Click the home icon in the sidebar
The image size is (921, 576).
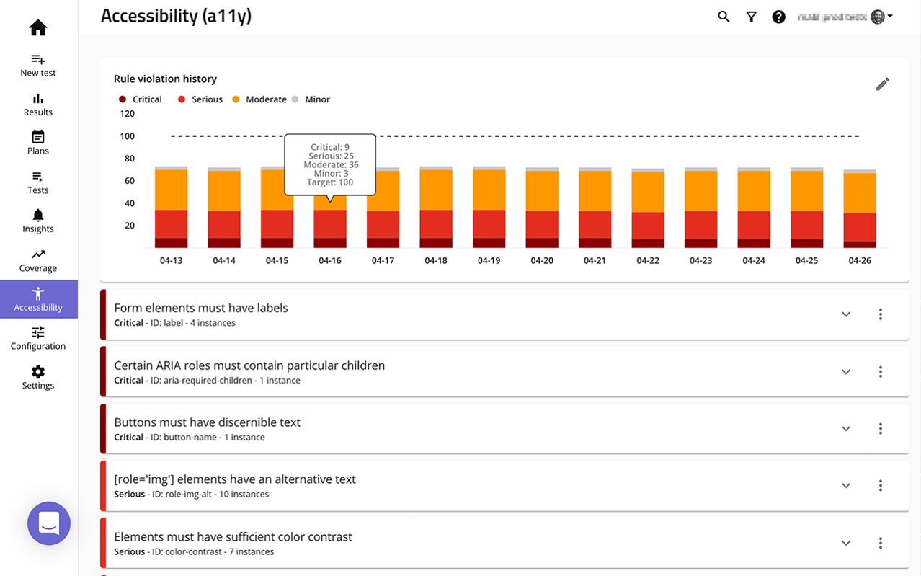point(38,28)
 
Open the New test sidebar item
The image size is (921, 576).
point(38,65)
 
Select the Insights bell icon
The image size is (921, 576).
point(38,215)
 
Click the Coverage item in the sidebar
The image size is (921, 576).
point(38,261)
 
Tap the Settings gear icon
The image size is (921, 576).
point(38,372)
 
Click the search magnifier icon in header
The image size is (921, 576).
point(724,17)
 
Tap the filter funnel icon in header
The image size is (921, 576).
point(751,17)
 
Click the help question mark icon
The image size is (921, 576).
point(778,17)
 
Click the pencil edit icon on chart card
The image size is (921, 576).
point(882,84)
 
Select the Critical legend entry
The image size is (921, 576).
point(141,99)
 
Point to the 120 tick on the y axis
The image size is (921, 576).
point(127,114)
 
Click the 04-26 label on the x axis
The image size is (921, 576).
point(860,260)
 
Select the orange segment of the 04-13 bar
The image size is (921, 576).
point(171,190)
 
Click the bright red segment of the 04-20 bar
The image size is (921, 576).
point(542,224)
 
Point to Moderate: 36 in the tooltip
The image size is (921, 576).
point(330,165)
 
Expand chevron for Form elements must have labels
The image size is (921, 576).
point(846,314)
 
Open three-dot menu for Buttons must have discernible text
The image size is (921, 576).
point(880,429)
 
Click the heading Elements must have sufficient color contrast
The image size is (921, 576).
point(233,537)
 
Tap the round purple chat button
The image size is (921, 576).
point(49,523)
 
